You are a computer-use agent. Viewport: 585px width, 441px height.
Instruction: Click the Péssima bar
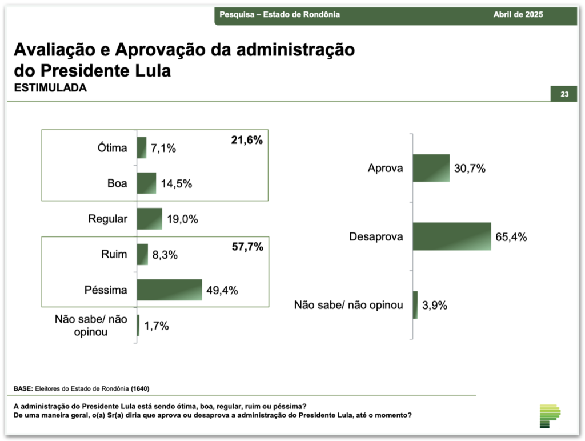pyautogui.click(x=170, y=290)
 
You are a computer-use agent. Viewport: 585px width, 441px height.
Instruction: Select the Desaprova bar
pyautogui.click(x=451, y=236)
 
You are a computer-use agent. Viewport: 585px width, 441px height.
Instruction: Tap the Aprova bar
pyautogui.click(x=431, y=168)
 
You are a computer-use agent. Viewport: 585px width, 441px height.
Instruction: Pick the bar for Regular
pyautogui.click(x=150, y=219)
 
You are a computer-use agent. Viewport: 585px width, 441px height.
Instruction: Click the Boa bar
pyautogui.click(x=146, y=183)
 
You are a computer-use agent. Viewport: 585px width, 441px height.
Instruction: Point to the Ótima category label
pyautogui.click(x=112, y=148)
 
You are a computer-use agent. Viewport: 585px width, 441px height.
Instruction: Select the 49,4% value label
pyautogui.click(x=222, y=291)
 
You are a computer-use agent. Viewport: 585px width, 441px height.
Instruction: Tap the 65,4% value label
pyautogui.click(x=511, y=237)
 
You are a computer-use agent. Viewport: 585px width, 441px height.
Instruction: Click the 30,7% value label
pyautogui.click(x=470, y=169)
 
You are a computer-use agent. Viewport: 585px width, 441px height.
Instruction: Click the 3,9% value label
pyautogui.click(x=434, y=305)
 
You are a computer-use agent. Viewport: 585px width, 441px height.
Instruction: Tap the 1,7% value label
pyautogui.click(x=157, y=326)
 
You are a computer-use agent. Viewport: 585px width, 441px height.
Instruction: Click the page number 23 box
pyautogui.click(x=564, y=94)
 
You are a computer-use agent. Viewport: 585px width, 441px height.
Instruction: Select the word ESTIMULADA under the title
pyautogui.click(x=50, y=88)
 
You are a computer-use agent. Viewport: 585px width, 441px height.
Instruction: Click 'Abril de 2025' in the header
pyautogui.click(x=518, y=14)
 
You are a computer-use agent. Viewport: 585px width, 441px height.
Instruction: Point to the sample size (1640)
pyautogui.click(x=140, y=388)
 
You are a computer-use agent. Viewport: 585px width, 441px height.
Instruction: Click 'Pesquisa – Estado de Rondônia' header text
pyautogui.click(x=279, y=14)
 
